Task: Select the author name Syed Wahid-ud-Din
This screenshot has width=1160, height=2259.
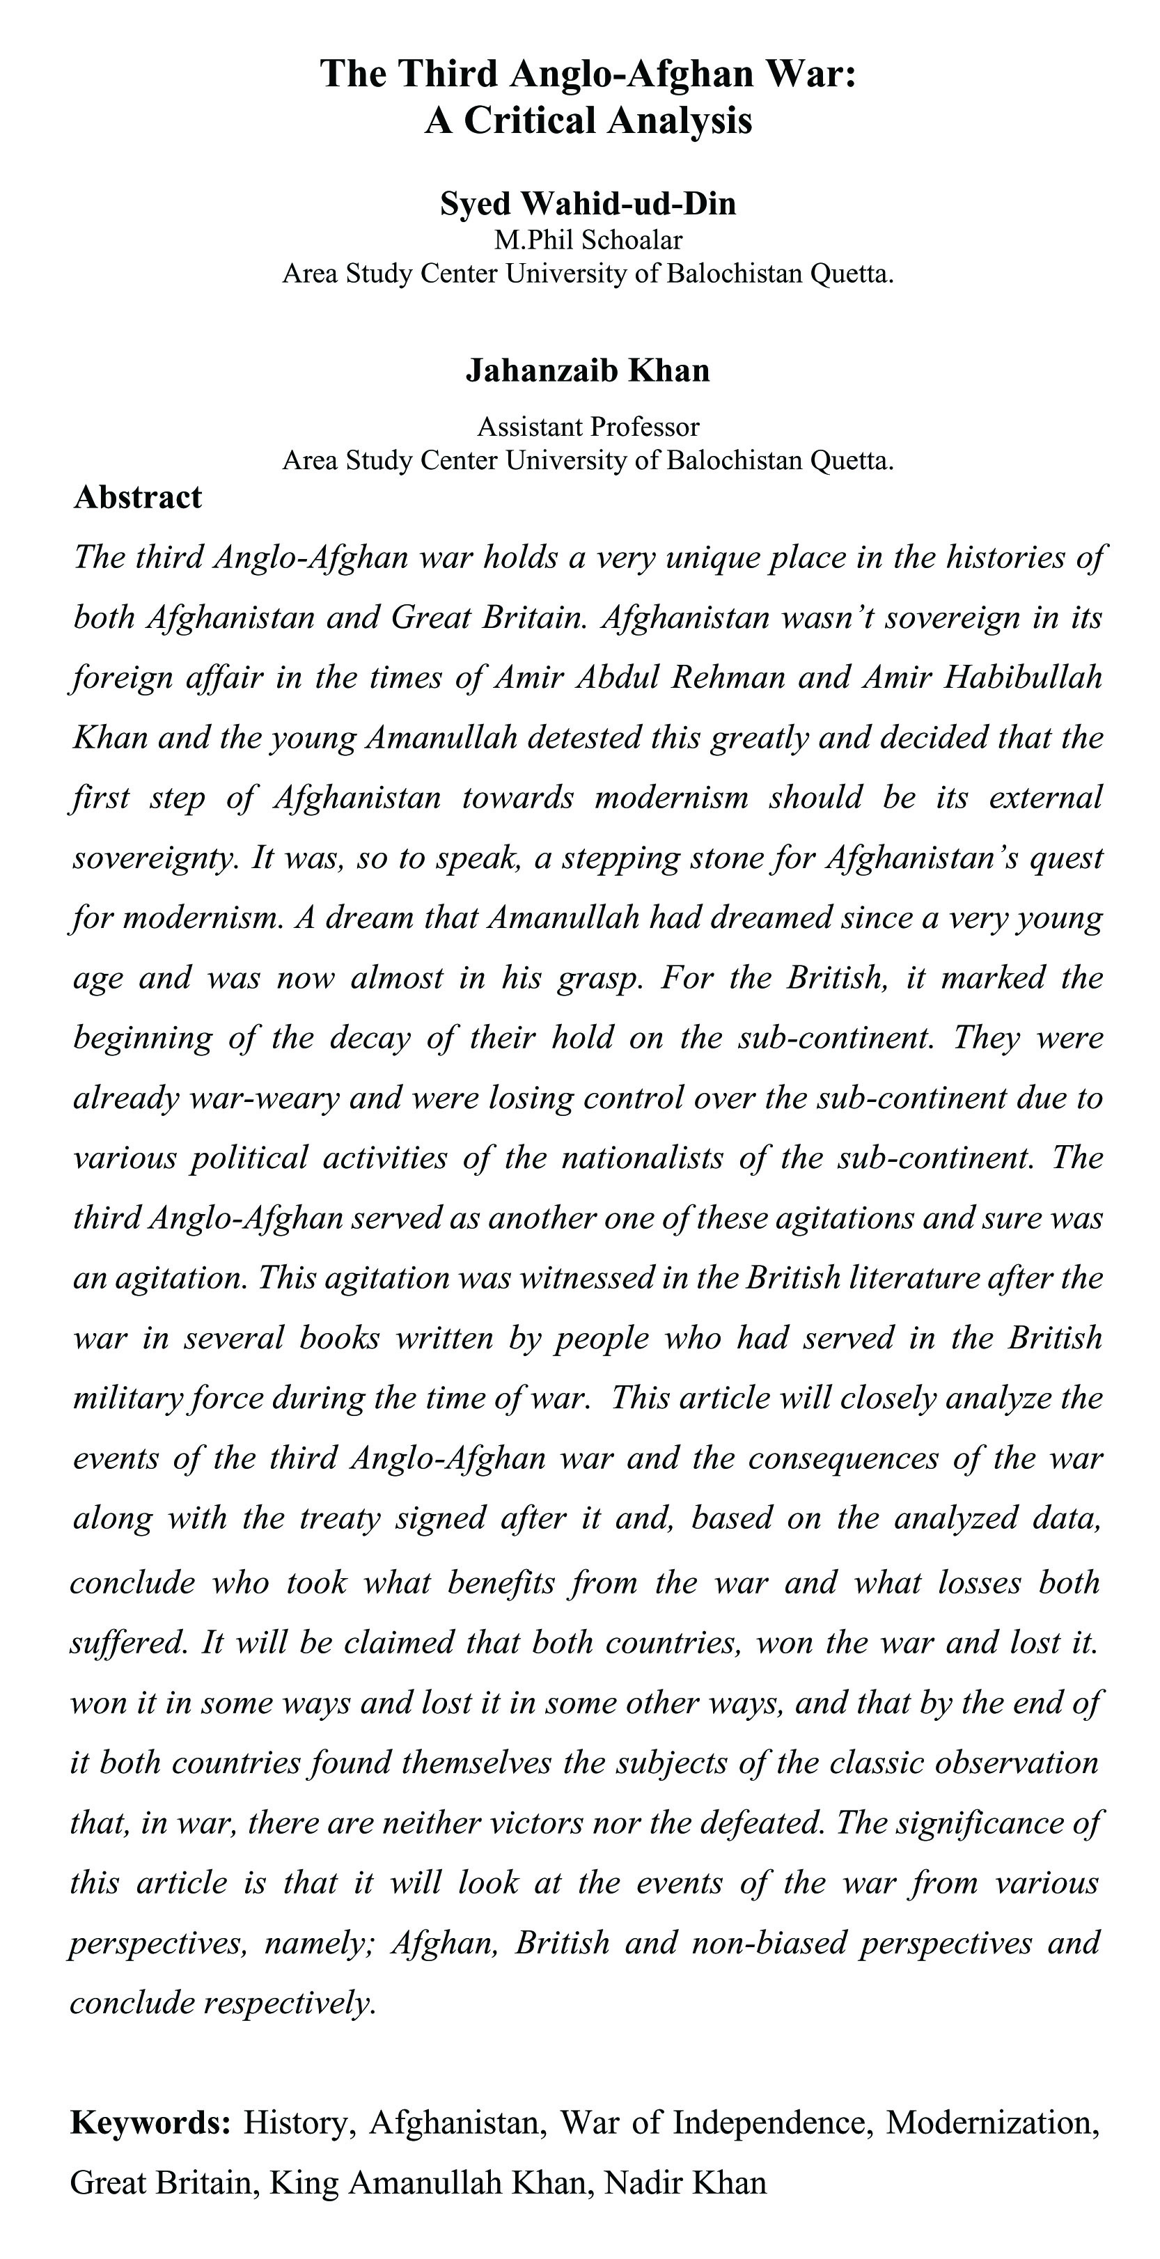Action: coord(588,203)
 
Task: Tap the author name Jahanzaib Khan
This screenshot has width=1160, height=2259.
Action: coord(588,371)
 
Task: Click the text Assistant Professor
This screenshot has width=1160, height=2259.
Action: coord(588,427)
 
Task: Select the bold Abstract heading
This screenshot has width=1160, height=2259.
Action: coord(138,497)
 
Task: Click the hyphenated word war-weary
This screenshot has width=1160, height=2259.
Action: coord(264,1097)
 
